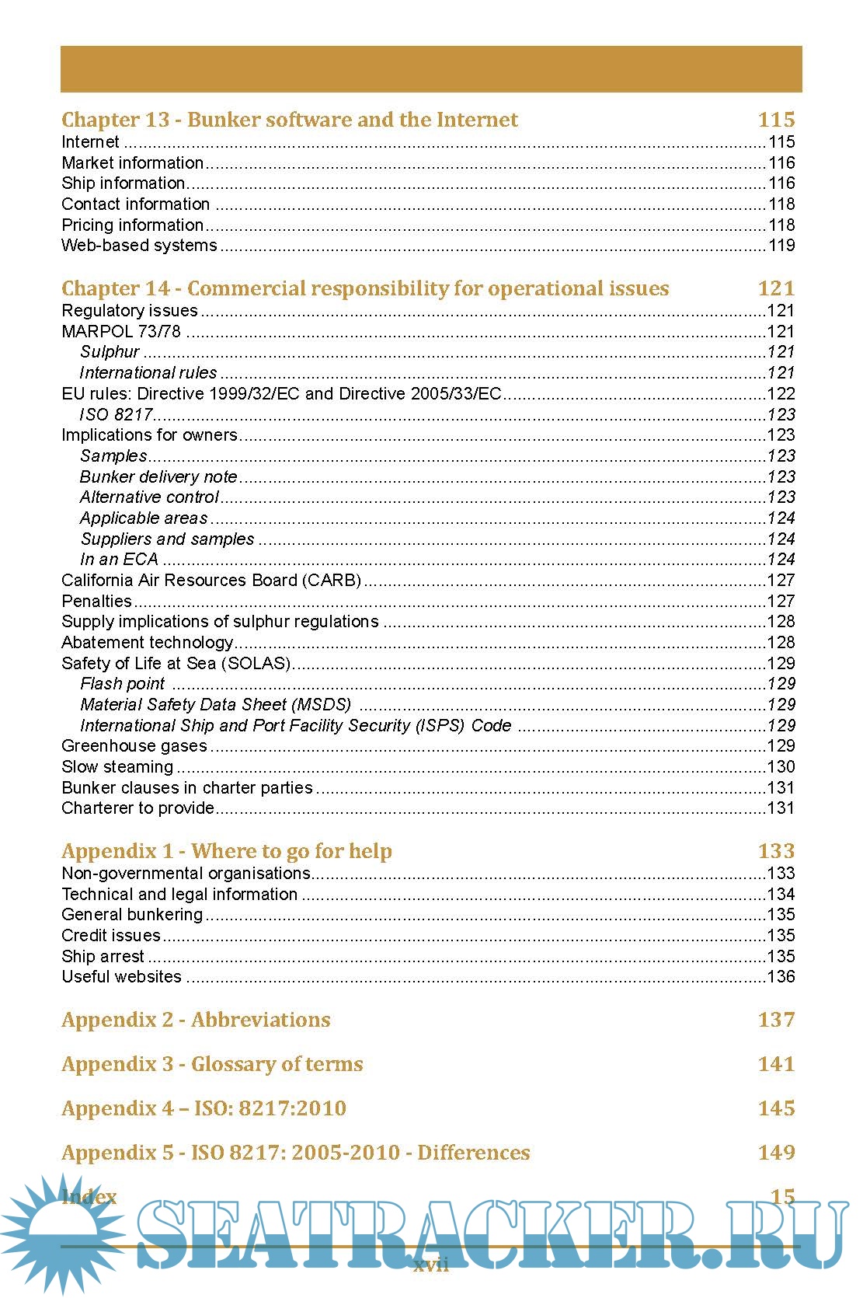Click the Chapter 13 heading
(x=289, y=120)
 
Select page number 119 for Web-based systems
(x=781, y=246)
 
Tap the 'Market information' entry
(x=132, y=163)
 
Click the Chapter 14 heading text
(x=365, y=288)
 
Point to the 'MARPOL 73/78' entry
(x=121, y=332)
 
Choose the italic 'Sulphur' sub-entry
(x=110, y=352)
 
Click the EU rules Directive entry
(x=281, y=394)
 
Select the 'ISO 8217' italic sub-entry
(x=116, y=415)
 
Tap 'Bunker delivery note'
(x=158, y=477)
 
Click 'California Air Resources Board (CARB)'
(x=211, y=581)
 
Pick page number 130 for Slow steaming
(x=781, y=767)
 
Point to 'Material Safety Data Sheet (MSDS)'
(x=215, y=705)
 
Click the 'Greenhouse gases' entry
(x=134, y=746)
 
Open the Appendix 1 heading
(x=227, y=851)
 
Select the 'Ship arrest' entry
(x=103, y=957)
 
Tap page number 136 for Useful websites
(x=781, y=977)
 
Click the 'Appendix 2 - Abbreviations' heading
(x=196, y=1020)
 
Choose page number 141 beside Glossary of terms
(x=776, y=1064)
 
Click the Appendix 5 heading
(x=295, y=1153)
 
